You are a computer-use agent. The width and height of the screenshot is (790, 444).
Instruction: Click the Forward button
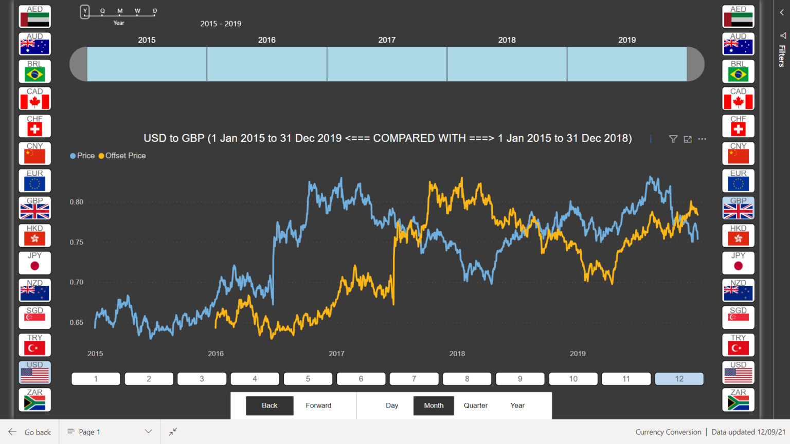(318, 405)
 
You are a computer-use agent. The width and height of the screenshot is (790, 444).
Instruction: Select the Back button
(270, 405)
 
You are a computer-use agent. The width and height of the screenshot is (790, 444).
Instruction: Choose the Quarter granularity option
(475, 405)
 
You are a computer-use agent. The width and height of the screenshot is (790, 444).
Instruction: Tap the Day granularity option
(392, 405)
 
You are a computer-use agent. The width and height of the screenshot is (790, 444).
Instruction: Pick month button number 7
(414, 379)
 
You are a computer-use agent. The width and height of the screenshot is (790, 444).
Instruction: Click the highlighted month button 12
(679, 379)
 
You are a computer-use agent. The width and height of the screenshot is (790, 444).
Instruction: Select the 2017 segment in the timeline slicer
(387, 64)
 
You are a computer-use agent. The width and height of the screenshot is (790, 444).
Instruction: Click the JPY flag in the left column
(35, 263)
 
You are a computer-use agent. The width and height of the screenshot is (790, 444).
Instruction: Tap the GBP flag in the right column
(738, 208)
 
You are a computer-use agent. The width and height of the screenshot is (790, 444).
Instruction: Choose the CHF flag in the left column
(35, 126)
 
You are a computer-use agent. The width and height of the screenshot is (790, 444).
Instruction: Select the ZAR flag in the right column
(738, 399)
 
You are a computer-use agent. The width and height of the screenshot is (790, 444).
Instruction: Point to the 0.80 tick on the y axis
(77, 202)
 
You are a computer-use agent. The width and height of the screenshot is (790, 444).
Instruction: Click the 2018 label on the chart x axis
(457, 354)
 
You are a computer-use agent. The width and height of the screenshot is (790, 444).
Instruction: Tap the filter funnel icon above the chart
(673, 139)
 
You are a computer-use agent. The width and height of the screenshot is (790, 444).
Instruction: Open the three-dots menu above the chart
(702, 139)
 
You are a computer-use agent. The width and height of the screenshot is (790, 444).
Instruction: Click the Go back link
(31, 432)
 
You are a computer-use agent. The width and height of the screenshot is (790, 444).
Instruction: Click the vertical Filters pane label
(782, 55)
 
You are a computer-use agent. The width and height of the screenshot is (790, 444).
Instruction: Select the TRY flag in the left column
(35, 345)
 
